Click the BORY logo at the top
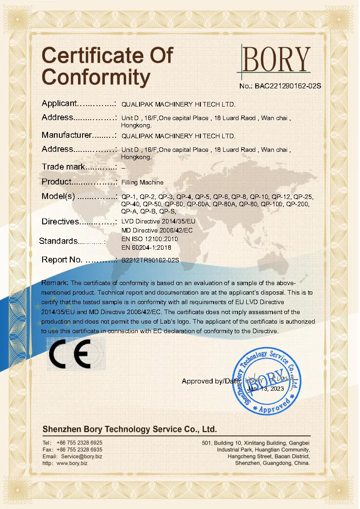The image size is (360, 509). pyautogui.click(x=277, y=59)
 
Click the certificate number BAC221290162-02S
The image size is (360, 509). pyautogui.click(x=280, y=86)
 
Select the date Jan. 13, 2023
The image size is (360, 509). pyautogui.click(x=266, y=389)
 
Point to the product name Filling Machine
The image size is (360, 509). pyautogui.click(x=142, y=182)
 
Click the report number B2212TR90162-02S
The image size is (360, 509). pyautogui.click(x=151, y=261)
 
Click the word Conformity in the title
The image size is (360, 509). pyautogui.click(x=96, y=77)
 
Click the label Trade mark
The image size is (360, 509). pyautogui.click(x=63, y=167)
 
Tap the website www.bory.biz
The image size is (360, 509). pyautogui.click(x=72, y=463)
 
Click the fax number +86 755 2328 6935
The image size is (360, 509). pyautogui.click(x=79, y=449)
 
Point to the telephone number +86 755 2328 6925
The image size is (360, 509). pyautogui.click(x=79, y=442)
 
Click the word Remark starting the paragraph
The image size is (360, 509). pyautogui.click(x=55, y=283)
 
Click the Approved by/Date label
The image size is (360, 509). pyautogui.click(x=211, y=381)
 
